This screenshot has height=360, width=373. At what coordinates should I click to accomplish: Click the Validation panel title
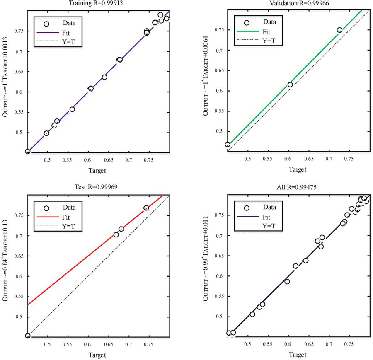tap(298, 4)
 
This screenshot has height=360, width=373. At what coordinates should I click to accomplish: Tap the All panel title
tap(298, 187)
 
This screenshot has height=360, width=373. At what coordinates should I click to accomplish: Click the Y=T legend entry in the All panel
tap(269, 226)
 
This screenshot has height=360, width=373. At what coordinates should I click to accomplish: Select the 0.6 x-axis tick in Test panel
tap(88, 343)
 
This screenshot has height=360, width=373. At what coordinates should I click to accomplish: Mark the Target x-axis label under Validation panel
tap(297, 170)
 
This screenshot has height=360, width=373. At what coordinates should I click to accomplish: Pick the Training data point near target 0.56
tap(72, 109)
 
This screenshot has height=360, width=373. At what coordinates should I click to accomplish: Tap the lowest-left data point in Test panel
tap(28, 336)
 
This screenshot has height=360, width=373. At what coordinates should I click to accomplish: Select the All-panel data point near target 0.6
tap(287, 281)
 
